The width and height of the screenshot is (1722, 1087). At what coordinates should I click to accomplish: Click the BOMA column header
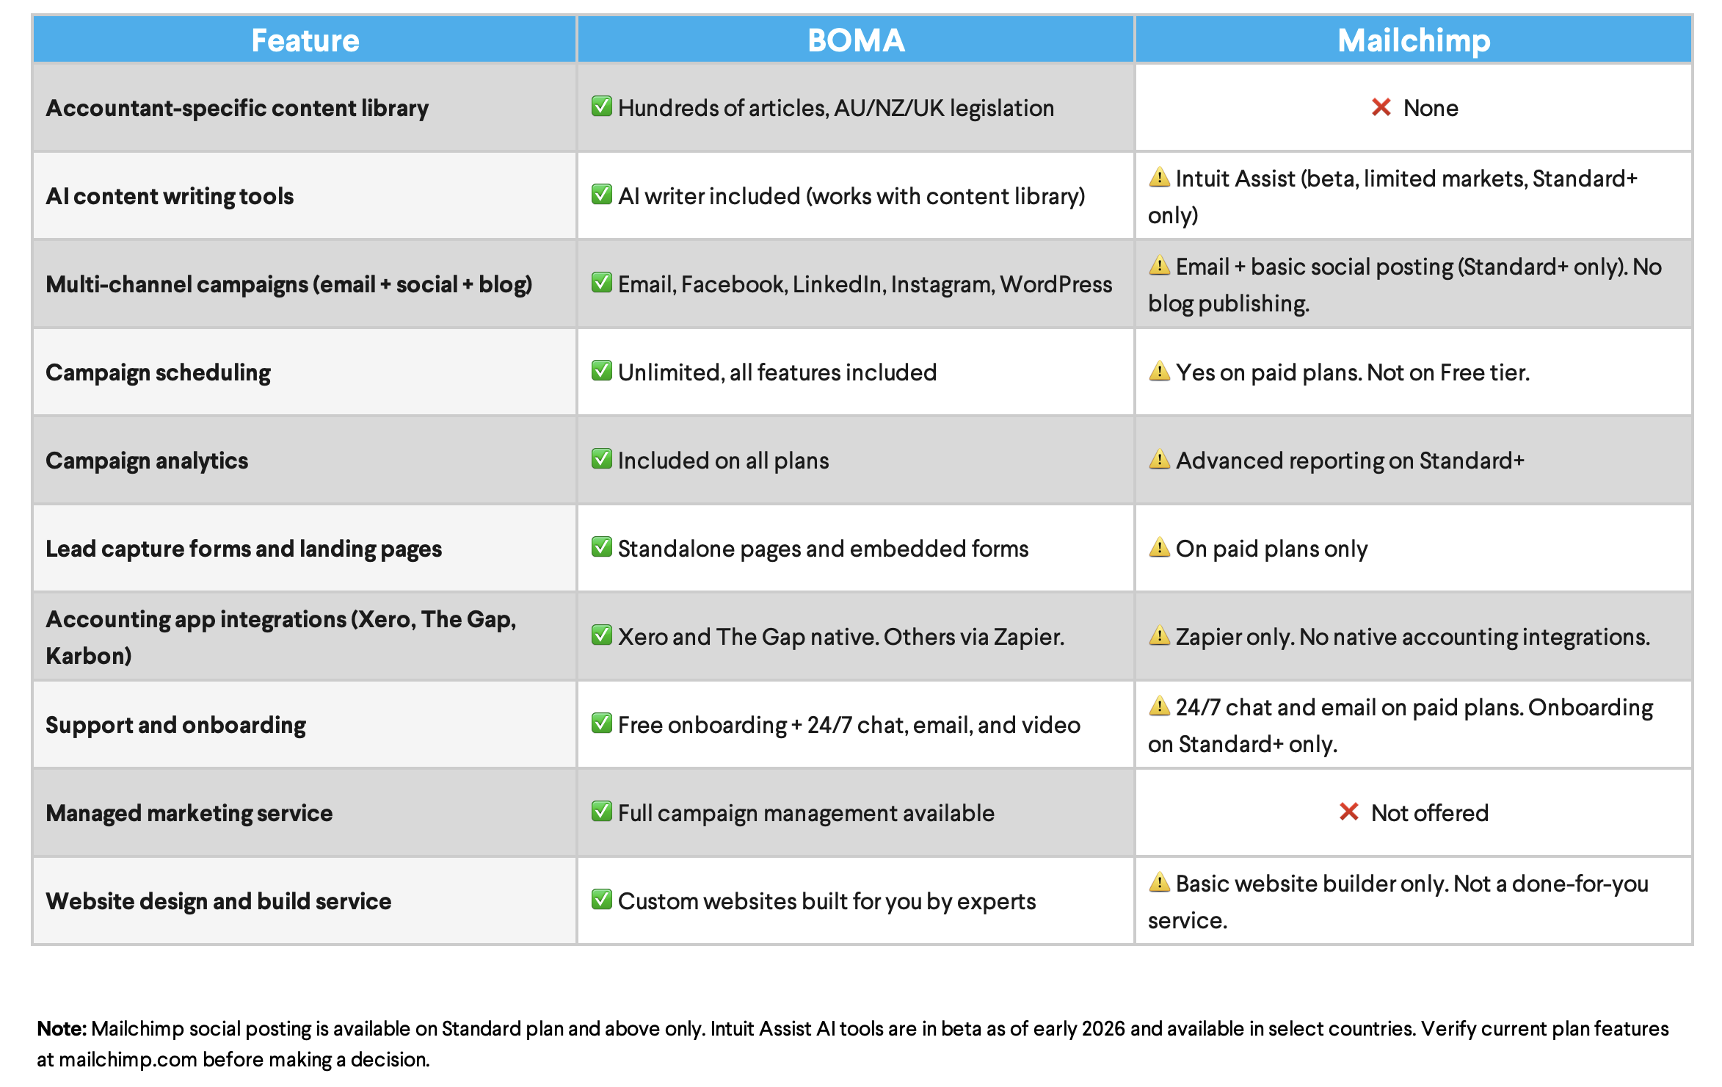856,40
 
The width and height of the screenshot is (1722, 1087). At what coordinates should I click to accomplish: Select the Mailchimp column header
1414,40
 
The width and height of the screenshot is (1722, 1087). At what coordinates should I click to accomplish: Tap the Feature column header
305,40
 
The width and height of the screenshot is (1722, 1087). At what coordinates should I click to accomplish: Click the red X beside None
1381,108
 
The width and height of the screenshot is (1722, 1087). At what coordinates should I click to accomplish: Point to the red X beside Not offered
1348,812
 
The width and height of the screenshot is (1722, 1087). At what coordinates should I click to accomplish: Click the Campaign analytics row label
147,461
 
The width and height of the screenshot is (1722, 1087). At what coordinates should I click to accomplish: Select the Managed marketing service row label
189,813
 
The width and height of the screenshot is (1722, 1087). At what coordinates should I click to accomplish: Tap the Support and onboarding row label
175,725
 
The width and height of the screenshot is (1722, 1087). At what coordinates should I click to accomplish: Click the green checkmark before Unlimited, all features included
602,371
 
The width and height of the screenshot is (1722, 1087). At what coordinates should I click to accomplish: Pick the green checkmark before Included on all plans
602,459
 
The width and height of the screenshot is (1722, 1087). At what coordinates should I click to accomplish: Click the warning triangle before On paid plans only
1159,548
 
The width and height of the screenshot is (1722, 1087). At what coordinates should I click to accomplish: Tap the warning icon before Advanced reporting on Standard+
1159,460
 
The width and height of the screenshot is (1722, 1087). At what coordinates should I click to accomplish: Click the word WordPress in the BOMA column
1056,284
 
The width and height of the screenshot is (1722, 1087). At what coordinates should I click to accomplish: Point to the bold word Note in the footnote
62,1028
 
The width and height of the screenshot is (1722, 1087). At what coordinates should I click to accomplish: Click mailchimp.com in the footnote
128,1059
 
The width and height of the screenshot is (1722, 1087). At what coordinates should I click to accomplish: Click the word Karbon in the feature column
88,656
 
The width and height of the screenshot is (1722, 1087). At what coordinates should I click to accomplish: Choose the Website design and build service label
218,901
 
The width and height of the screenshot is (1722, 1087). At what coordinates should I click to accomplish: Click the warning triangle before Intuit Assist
1159,178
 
